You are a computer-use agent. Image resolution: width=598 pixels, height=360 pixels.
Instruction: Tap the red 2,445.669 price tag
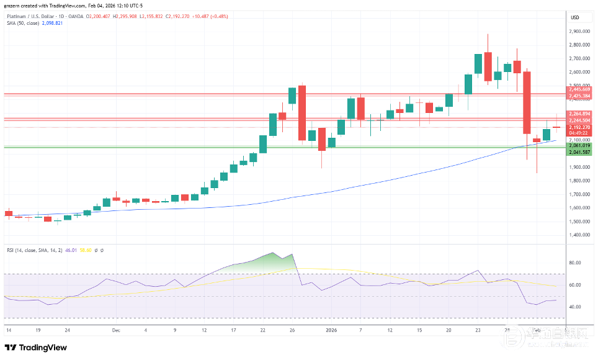[x=579, y=89]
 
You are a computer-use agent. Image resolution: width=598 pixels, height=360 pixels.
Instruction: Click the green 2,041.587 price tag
[x=579, y=151]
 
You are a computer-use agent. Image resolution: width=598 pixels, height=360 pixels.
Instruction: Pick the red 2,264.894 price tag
[x=579, y=114]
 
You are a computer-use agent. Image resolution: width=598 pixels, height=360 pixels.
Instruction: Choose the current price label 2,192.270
[x=579, y=128]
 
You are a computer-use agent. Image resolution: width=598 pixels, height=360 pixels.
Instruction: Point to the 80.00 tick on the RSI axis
[x=575, y=263]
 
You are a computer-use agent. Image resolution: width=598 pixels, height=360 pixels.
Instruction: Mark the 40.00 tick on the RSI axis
[x=575, y=307]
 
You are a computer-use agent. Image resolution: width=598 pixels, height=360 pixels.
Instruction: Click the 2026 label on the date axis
[x=331, y=331]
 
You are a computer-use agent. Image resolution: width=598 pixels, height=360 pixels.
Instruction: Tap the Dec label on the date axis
[x=117, y=331]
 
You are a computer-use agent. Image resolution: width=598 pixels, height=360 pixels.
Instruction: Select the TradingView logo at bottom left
[x=36, y=348]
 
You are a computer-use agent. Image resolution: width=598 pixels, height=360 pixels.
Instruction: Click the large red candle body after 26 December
[x=302, y=112]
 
